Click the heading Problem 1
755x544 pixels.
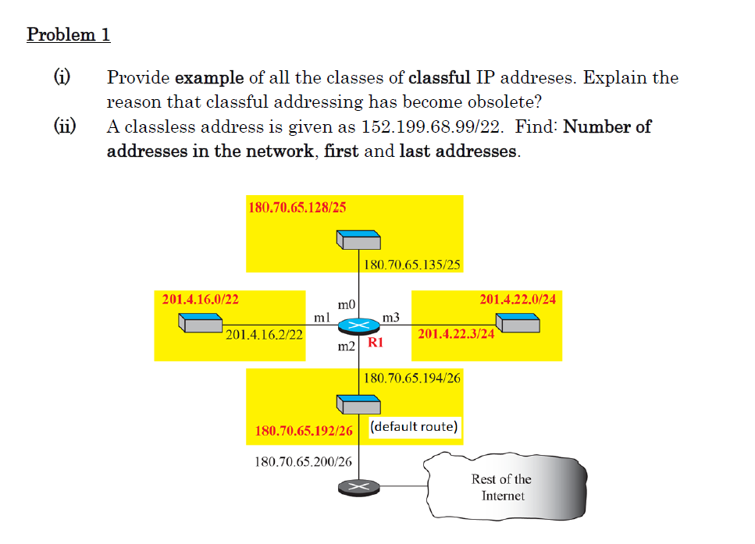click(69, 35)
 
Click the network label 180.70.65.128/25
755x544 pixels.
click(297, 208)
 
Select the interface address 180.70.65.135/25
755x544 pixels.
click(412, 265)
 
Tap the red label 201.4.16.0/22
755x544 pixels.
click(200, 299)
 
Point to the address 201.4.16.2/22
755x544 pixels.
click(264, 334)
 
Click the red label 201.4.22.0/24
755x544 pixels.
click(518, 299)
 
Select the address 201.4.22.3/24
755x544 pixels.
click(457, 334)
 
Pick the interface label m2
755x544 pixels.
click(346, 345)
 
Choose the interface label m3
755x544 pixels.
click(391, 318)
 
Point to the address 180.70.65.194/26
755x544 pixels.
click(412, 378)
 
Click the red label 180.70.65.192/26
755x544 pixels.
click(304, 431)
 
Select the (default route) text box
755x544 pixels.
click(414, 427)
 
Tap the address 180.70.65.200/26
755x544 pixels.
click(303, 461)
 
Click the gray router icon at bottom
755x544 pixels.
click(358, 486)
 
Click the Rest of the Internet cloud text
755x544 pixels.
click(501, 487)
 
